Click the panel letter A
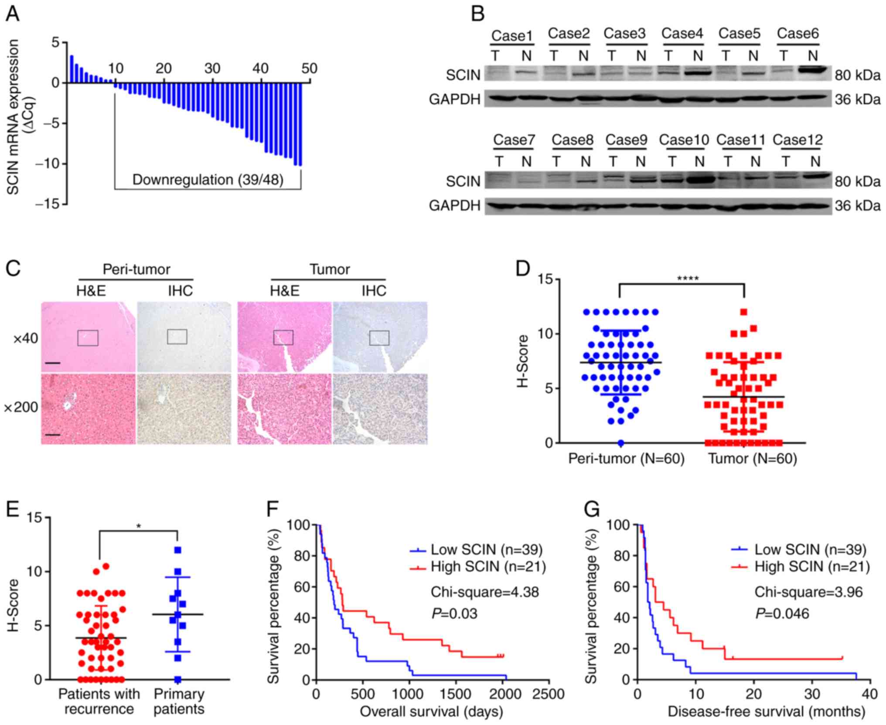tap(12, 14)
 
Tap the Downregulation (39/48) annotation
tap(208, 180)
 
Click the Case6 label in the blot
tap(797, 34)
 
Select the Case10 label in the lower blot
tap(684, 140)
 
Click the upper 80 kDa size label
tap(857, 75)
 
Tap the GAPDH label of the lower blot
tap(454, 205)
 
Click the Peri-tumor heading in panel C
tap(136, 269)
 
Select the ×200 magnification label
tap(20, 408)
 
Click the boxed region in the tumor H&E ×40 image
tap(283, 337)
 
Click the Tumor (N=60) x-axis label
tap(752, 459)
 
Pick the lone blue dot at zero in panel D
tap(621, 443)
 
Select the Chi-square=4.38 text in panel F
tap(484, 592)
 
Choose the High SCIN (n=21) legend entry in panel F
tap(488, 566)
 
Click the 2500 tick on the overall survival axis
tap(549, 694)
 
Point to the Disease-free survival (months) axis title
tap(766, 711)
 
